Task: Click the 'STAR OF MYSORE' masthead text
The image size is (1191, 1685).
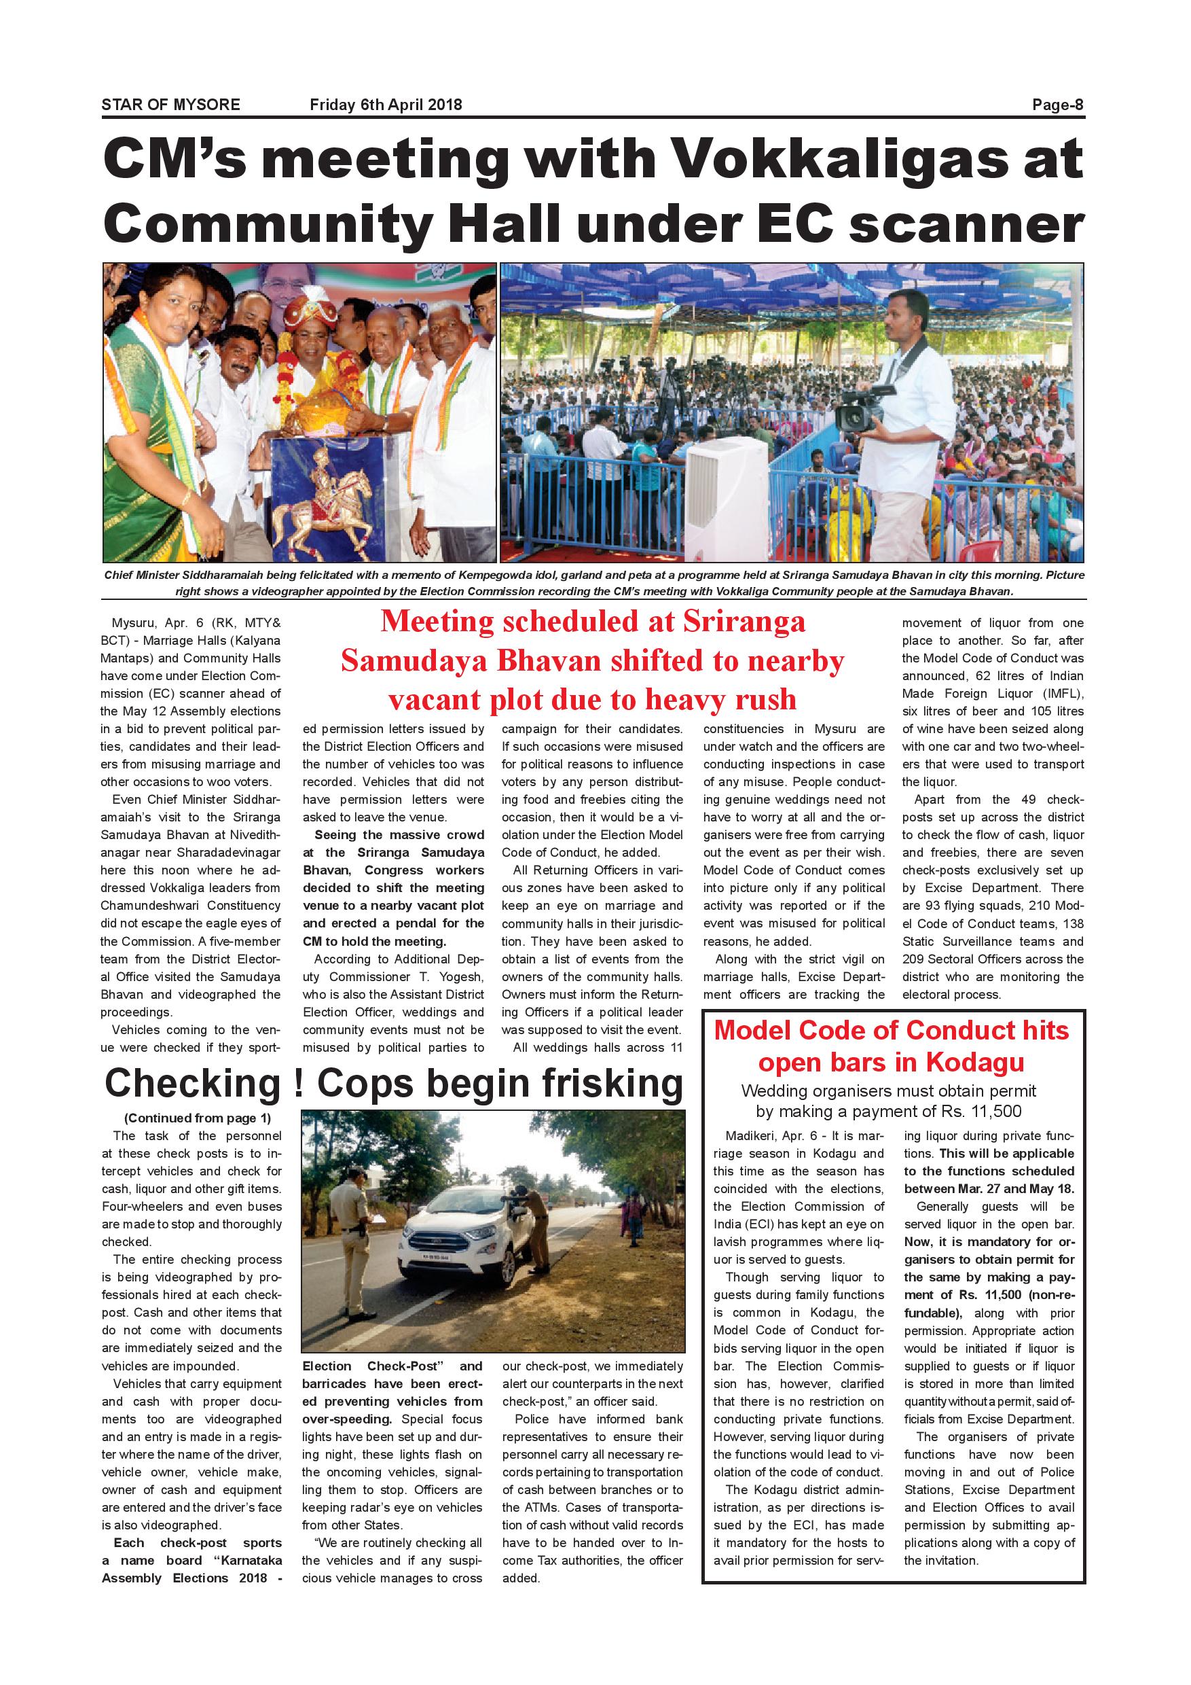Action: (170, 104)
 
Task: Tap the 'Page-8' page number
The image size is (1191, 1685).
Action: (1057, 104)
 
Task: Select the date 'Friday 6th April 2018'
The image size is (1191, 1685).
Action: (386, 104)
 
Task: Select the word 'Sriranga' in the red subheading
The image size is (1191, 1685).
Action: (744, 622)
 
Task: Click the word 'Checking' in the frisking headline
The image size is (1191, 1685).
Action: (193, 1083)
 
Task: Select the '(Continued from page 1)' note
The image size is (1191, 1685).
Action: (198, 1118)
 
